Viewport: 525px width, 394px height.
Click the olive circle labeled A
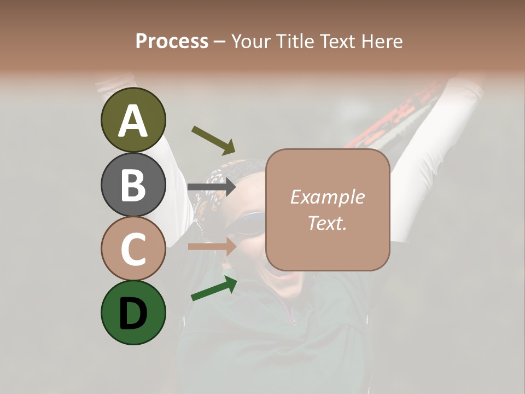133,120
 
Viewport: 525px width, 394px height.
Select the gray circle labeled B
133,184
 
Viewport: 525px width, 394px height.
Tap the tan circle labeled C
133,248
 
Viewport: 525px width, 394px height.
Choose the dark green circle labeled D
133,312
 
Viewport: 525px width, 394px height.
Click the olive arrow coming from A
213,140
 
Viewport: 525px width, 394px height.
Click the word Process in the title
172,41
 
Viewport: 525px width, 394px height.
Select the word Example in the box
327,197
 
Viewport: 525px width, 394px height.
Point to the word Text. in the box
327,223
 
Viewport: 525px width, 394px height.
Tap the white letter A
133,121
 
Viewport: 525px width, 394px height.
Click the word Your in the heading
251,41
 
